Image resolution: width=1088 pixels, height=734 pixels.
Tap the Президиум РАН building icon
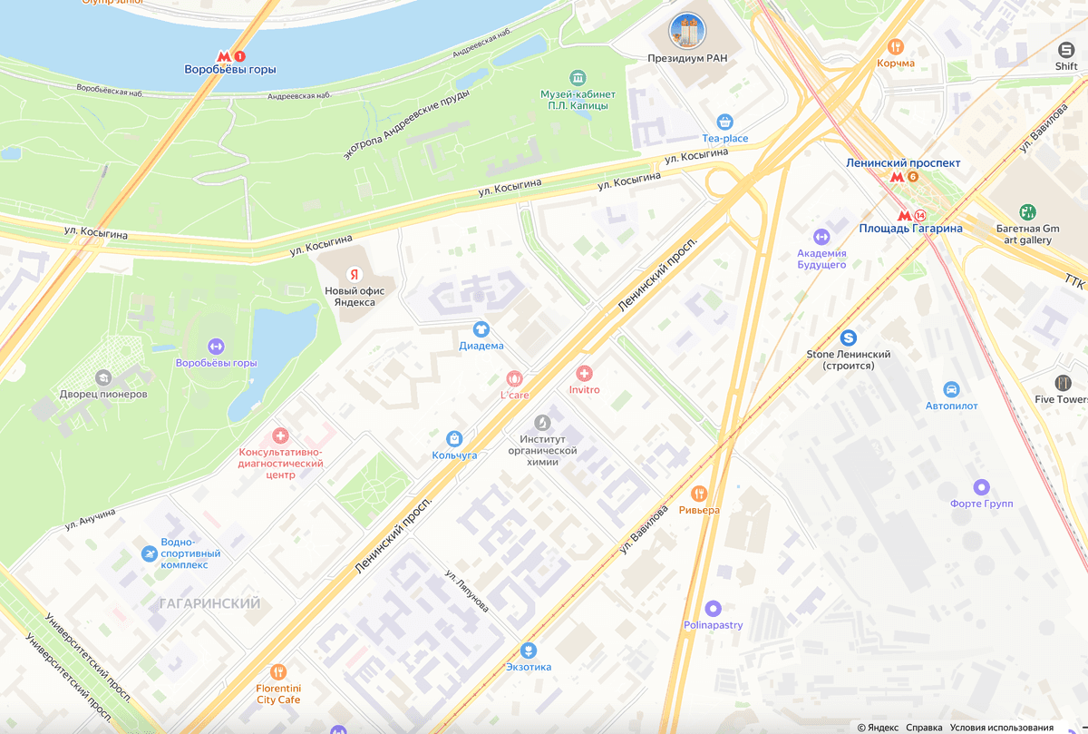[686, 31]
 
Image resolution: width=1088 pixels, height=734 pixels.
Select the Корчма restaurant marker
[896, 47]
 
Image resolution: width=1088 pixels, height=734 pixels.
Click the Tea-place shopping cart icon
[724, 122]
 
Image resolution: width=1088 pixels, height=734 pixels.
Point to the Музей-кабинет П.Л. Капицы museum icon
[578, 77]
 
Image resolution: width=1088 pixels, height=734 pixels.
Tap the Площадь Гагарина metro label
[910, 229]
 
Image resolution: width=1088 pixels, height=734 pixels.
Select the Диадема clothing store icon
[481, 329]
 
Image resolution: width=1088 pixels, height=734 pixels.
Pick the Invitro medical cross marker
[584, 374]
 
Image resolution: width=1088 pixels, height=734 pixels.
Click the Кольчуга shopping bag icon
[454, 439]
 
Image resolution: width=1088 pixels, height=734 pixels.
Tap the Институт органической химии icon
[542, 423]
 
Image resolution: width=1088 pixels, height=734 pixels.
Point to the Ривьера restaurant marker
[698, 494]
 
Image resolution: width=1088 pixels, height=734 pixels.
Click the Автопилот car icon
[951, 389]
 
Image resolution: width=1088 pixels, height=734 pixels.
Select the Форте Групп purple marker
[981, 487]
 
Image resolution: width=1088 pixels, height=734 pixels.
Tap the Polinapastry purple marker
[713, 609]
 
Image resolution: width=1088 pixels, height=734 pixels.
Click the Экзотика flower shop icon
[528, 651]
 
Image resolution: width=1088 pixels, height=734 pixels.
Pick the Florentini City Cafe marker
[277, 672]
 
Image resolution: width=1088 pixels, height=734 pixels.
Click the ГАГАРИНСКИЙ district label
[209, 603]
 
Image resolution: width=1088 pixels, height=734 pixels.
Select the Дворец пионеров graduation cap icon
[103, 377]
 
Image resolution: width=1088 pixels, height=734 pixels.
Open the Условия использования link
[1002, 728]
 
